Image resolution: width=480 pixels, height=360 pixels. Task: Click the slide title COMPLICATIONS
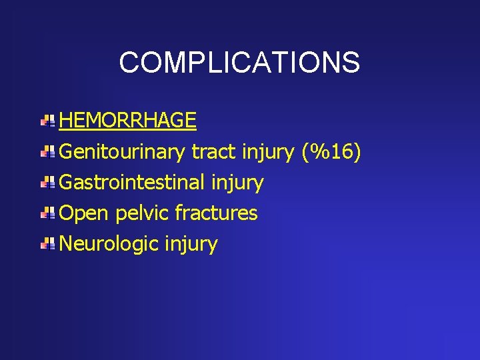239,63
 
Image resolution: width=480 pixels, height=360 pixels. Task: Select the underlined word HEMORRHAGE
127,121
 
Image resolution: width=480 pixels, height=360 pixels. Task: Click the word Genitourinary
122,153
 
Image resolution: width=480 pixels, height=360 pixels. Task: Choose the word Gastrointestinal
132,183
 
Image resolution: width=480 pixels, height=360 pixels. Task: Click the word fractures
216,213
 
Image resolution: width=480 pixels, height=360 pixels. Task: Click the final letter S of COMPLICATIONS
351,63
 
